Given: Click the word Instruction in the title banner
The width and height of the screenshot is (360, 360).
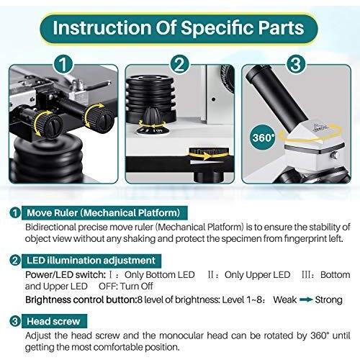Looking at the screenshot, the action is tap(102, 27).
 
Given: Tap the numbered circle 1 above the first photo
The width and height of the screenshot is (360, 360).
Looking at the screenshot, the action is tap(63, 64).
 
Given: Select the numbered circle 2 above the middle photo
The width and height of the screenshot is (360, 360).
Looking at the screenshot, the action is tap(180, 64).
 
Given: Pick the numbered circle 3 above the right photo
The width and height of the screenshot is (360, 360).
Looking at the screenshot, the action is tap(296, 64).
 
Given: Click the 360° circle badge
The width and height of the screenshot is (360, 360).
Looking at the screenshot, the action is tap(264, 138).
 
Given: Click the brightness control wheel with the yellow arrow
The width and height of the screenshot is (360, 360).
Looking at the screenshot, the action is tap(208, 153).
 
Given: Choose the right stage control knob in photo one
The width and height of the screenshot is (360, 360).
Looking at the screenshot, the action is tap(99, 117).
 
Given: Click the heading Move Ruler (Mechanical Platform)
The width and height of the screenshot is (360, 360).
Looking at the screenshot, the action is tap(104, 213).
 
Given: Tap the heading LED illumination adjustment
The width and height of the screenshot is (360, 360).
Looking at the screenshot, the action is tap(91, 261).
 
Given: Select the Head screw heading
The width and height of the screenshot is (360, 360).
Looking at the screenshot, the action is tap(53, 321).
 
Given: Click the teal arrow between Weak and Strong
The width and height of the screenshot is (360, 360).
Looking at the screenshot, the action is tap(306, 300).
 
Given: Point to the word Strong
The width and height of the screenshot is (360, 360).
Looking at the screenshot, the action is tap(328, 300).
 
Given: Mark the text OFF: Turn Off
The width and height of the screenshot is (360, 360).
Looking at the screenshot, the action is tap(125, 287).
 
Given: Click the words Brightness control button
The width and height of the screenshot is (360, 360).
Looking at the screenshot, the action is tap(81, 300).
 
